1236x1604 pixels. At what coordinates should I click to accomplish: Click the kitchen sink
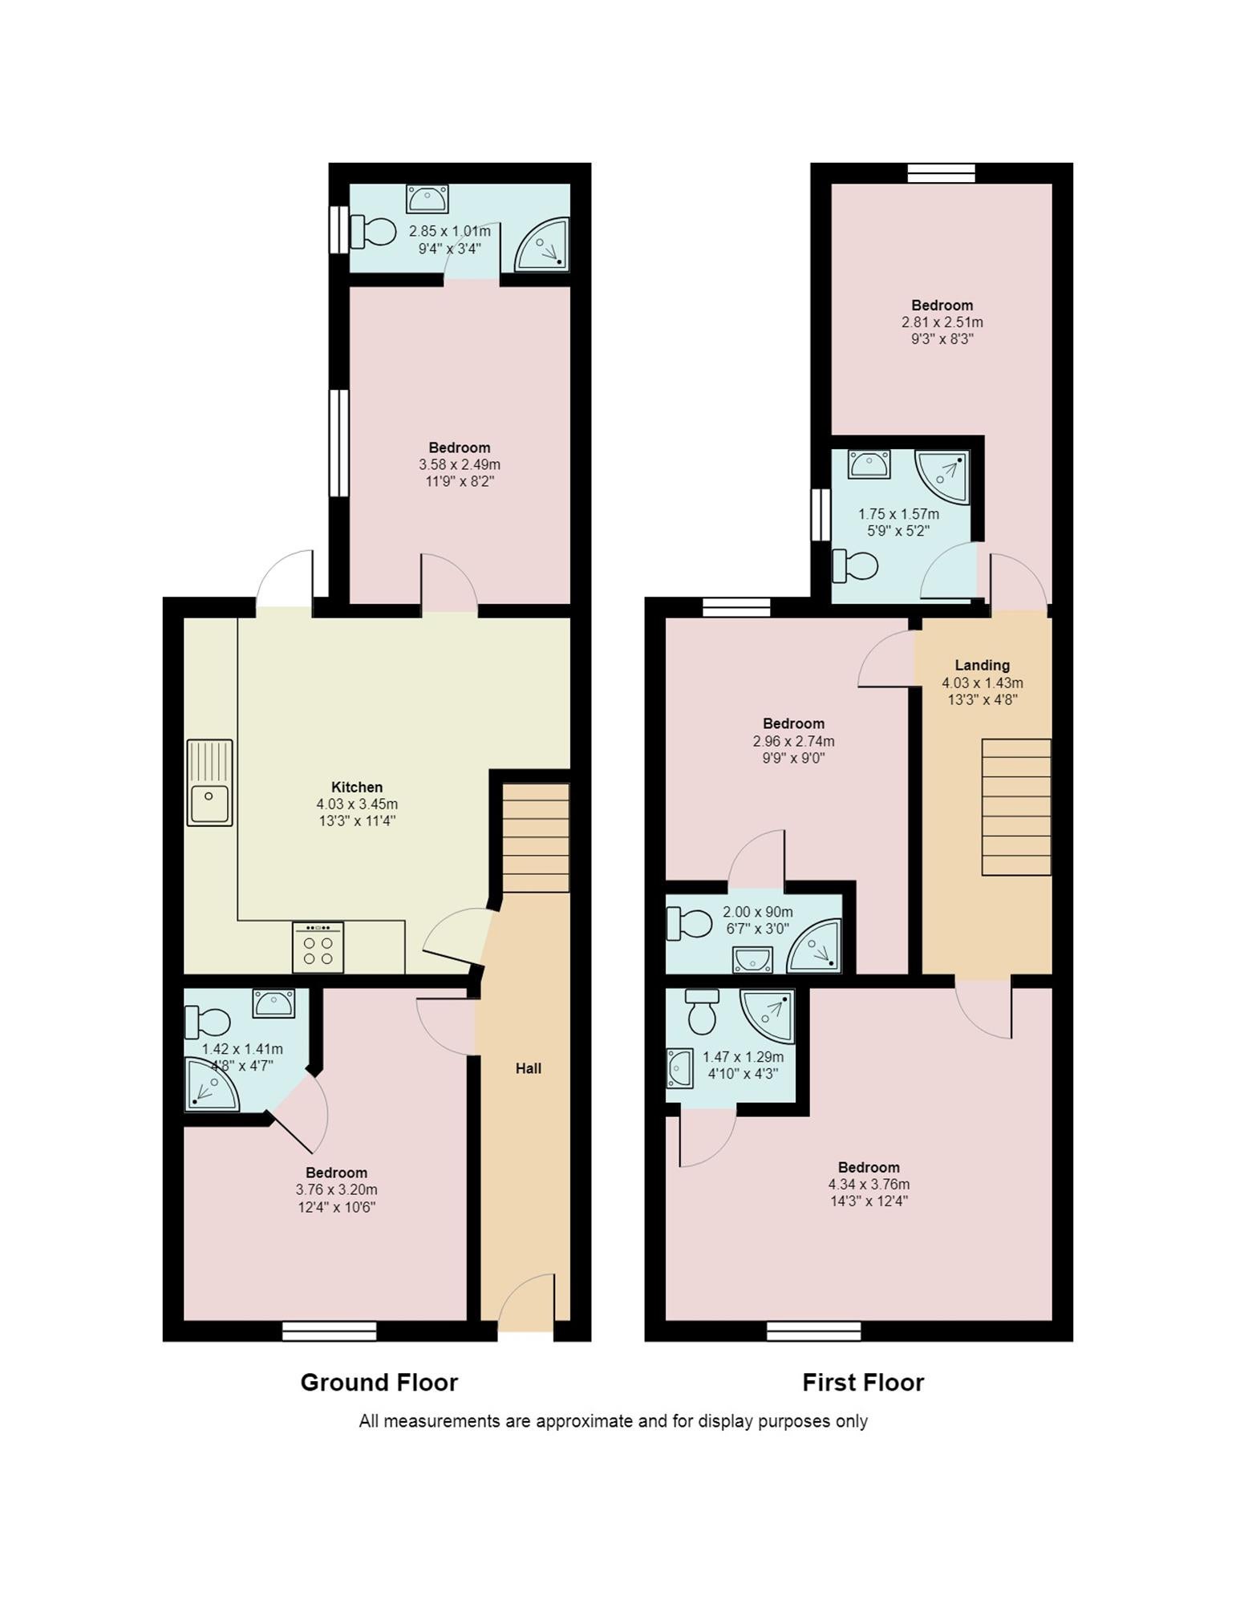click(209, 783)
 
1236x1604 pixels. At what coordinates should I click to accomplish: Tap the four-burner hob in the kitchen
click(318, 946)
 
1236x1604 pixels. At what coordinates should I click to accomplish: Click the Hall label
click(529, 1068)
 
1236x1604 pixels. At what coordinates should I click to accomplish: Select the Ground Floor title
click(379, 1382)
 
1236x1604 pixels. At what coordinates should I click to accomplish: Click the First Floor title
click(863, 1382)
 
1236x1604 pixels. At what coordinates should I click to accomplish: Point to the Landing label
click(982, 665)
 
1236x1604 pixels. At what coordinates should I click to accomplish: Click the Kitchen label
click(357, 787)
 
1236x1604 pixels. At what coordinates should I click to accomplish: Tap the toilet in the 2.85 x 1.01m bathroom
click(374, 232)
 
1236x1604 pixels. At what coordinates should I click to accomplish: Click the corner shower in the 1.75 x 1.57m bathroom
click(942, 476)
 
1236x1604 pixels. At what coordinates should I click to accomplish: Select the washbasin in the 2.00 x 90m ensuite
click(752, 959)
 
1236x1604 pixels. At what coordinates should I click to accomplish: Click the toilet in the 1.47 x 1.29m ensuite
click(703, 1011)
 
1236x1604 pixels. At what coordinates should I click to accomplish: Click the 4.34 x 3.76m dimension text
click(869, 1185)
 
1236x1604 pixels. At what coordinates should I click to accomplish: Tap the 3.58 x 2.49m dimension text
click(460, 464)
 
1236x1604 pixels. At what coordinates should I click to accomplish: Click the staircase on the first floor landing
click(1016, 807)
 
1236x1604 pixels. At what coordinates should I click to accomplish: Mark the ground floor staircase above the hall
click(536, 838)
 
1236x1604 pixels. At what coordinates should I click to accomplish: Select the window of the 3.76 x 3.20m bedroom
click(329, 1331)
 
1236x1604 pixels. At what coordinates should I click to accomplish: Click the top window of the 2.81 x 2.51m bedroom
click(942, 173)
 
